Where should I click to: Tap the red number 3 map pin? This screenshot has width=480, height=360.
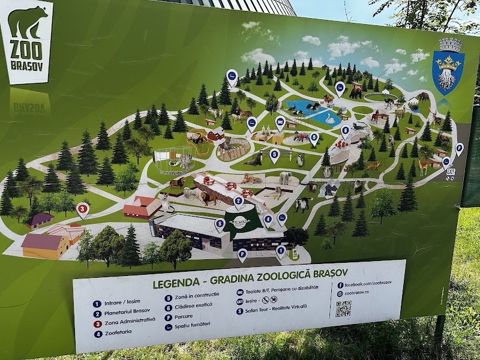[83, 209]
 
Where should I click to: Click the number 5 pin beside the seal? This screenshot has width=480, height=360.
[274, 154]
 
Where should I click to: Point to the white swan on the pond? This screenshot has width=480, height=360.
[329, 119]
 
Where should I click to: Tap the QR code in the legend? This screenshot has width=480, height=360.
[343, 308]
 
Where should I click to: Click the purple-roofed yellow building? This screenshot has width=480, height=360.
[46, 245]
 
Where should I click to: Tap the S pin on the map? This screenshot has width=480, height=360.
[220, 224]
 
